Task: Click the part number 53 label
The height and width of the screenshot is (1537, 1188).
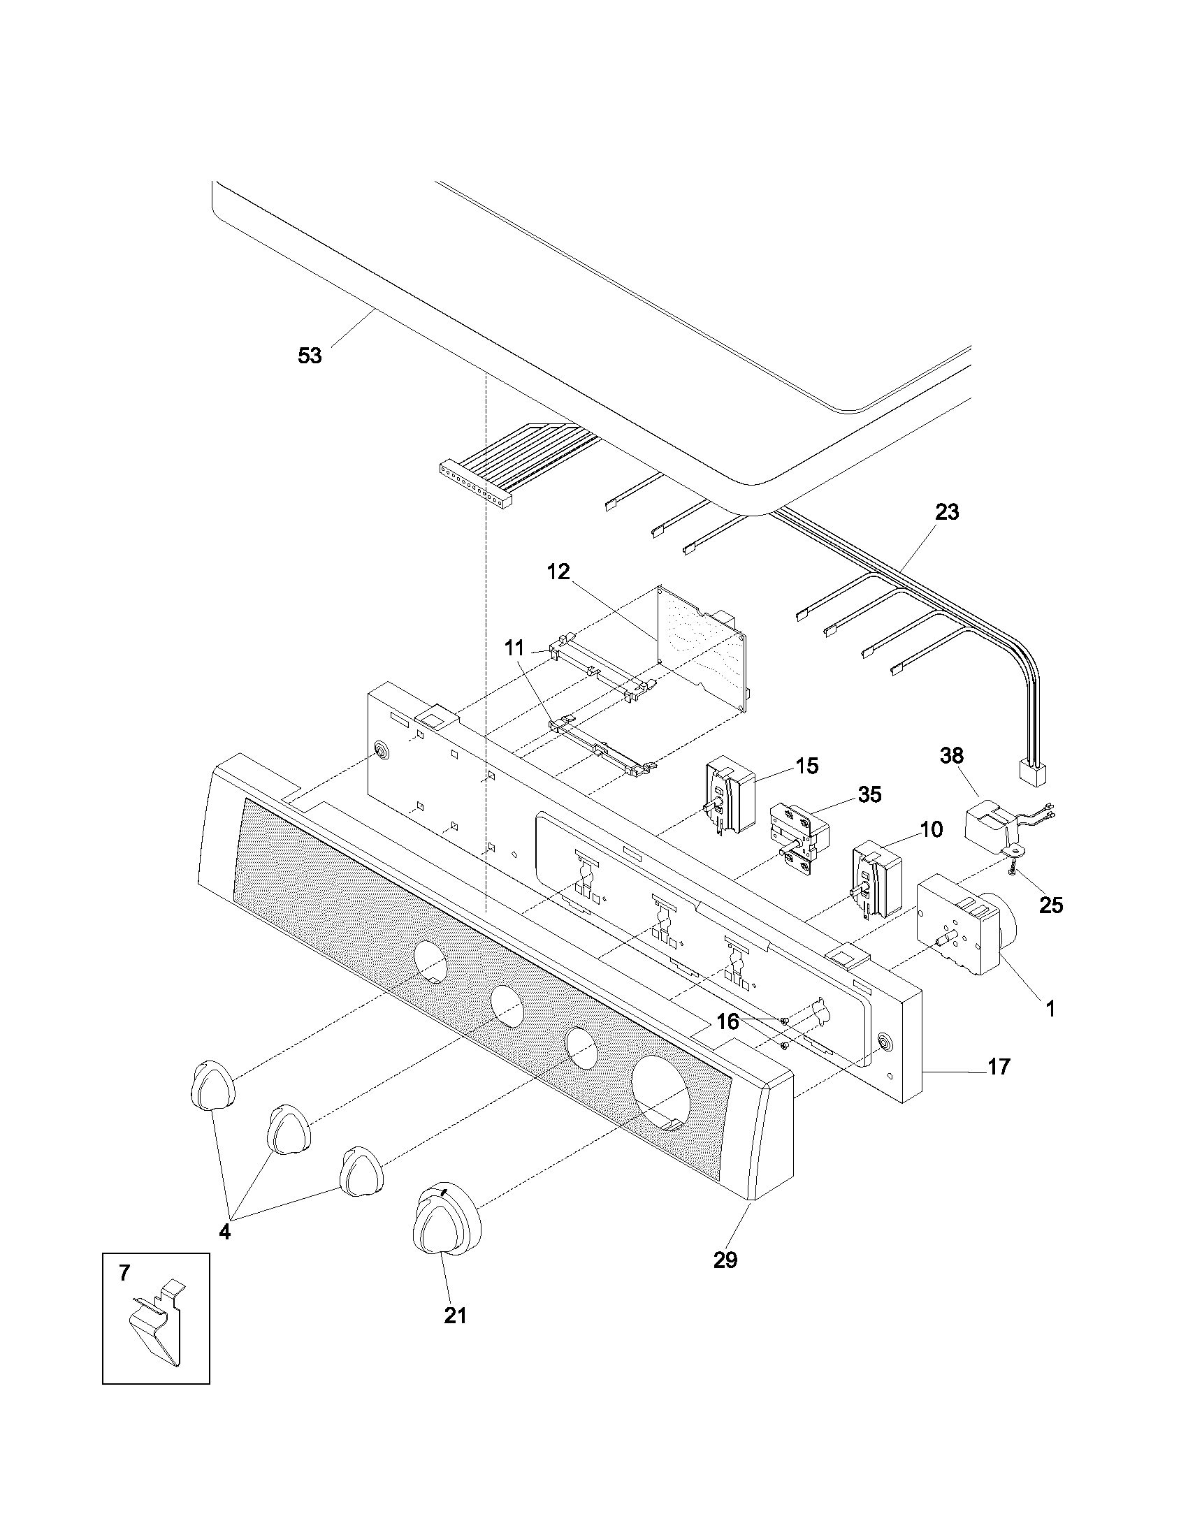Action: pyautogui.click(x=310, y=356)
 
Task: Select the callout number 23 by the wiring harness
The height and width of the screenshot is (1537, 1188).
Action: pyautogui.click(x=947, y=512)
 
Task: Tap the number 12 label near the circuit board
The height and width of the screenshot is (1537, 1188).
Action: pyautogui.click(x=558, y=572)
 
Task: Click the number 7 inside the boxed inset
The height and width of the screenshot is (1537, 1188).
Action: pyautogui.click(x=124, y=1272)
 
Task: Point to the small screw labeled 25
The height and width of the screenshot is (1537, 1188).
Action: pyautogui.click(x=1011, y=871)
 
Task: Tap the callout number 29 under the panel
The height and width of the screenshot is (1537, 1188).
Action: pyautogui.click(x=725, y=1260)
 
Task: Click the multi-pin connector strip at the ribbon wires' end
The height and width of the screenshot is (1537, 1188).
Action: pyautogui.click(x=475, y=486)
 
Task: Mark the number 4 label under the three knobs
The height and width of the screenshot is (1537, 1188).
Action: pyautogui.click(x=224, y=1232)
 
